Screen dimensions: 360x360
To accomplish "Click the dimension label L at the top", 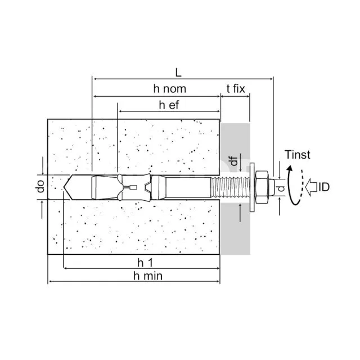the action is pyautogui.click(x=178, y=73).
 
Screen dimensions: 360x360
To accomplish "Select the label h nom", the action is pyautogui.click(x=170, y=89).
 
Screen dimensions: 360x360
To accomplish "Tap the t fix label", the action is pyautogui.click(x=236, y=89).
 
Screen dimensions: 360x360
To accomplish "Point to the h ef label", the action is pyautogui.click(x=169, y=105).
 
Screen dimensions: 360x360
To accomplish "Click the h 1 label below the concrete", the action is pyautogui.click(x=145, y=263).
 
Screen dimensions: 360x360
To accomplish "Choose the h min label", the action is pyautogui.click(x=148, y=276).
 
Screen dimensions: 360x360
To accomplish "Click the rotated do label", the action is pyautogui.click(x=40, y=186).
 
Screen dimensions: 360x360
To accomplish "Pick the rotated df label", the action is pyautogui.click(x=234, y=161).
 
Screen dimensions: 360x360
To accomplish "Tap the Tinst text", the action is pyautogui.click(x=298, y=155).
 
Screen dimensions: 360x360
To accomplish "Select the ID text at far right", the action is pyautogui.click(x=324, y=187).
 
